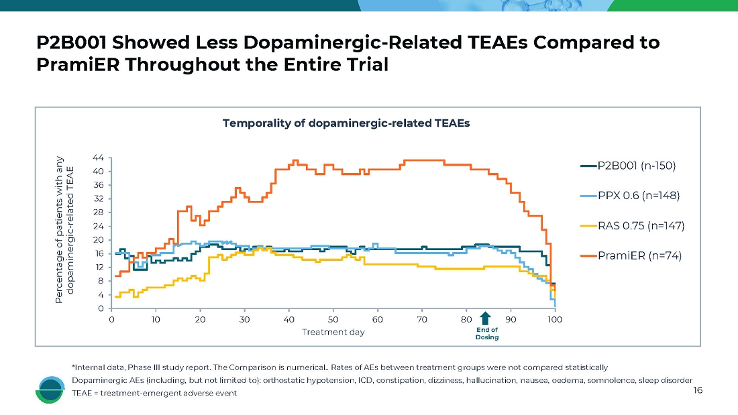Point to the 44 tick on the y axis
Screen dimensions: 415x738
pos(98,158)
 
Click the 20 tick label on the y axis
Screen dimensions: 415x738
pos(98,240)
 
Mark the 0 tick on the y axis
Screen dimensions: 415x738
pos(101,309)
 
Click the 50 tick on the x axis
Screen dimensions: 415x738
pos(333,320)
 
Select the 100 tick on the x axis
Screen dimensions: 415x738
pos(554,320)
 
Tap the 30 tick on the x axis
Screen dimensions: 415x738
pos(244,320)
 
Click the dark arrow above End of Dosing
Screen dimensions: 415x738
pos(486,318)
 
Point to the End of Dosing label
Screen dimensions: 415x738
pos(486,334)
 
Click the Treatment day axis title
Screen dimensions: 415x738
pos(333,333)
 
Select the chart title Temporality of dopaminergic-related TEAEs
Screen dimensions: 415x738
pos(346,123)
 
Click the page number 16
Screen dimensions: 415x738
pos(698,390)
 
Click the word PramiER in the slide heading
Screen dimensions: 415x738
pos(75,66)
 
